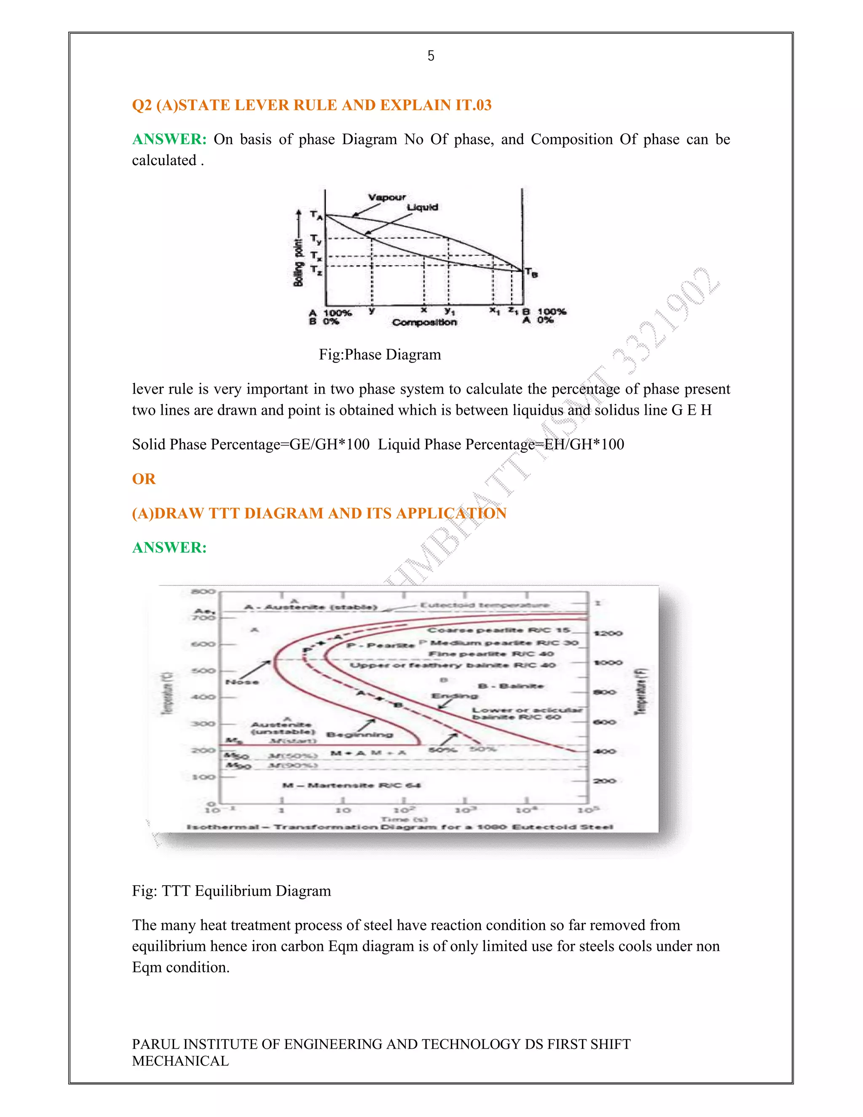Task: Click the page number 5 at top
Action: (431, 56)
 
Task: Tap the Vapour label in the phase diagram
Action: (387, 197)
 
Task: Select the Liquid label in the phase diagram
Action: (422, 207)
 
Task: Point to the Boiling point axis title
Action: (298, 262)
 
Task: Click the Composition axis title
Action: (424, 322)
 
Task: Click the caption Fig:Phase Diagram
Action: (379, 354)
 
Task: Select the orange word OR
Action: (144, 479)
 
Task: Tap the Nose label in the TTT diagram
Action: (242, 682)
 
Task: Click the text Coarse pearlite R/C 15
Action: (499, 630)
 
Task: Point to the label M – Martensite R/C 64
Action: (351, 785)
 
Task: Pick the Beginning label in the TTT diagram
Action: (360, 735)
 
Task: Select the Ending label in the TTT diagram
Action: (455, 696)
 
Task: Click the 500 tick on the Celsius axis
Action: (203, 671)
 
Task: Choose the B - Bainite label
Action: (510, 686)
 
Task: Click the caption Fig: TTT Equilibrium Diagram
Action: (231, 891)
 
